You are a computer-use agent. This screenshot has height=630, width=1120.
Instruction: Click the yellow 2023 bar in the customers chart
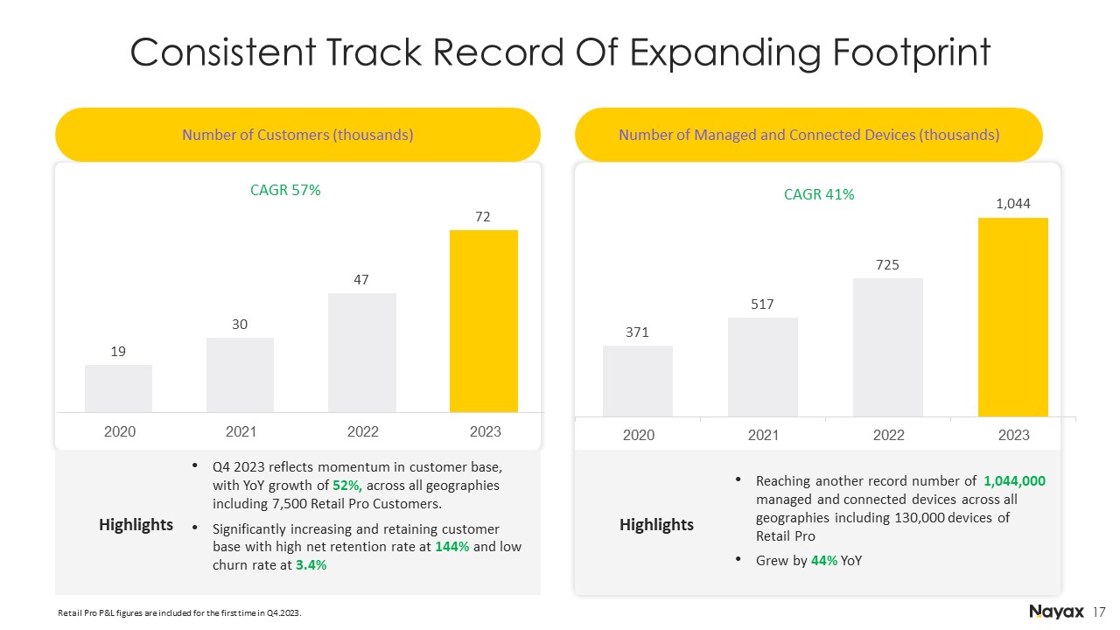(484, 321)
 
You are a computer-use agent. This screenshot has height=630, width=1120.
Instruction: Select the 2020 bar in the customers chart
(118, 388)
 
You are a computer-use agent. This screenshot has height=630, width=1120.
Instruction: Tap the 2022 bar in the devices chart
(888, 347)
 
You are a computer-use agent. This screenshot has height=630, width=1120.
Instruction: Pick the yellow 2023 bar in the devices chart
(1013, 317)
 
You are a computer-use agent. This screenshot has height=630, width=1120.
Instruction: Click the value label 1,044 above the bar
(1013, 204)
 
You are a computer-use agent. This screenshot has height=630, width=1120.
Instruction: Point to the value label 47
(361, 279)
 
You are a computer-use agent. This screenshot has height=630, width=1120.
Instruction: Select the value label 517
(762, 304)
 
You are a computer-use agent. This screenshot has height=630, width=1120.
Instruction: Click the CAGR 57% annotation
(285, 190)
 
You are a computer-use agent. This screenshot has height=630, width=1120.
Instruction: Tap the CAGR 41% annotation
(819, 194)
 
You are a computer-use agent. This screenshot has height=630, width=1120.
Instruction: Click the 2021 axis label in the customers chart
(241, 431)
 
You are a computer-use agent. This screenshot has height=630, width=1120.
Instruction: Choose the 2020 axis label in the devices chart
(639, 435)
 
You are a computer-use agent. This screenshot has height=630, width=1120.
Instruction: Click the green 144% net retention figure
(452, 547)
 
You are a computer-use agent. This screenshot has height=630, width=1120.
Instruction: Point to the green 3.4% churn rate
(311, 565)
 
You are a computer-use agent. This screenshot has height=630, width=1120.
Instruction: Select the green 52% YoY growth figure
(347, 486)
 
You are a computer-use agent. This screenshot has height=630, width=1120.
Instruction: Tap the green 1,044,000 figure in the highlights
(1014, 481)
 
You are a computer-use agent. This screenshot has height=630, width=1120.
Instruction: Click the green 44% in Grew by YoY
(824, 561)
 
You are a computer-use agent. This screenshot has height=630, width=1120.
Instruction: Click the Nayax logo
(1056, 612)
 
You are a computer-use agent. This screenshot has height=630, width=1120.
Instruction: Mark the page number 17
(1099, 612)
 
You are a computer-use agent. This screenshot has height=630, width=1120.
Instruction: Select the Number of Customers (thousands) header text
(297, 135)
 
